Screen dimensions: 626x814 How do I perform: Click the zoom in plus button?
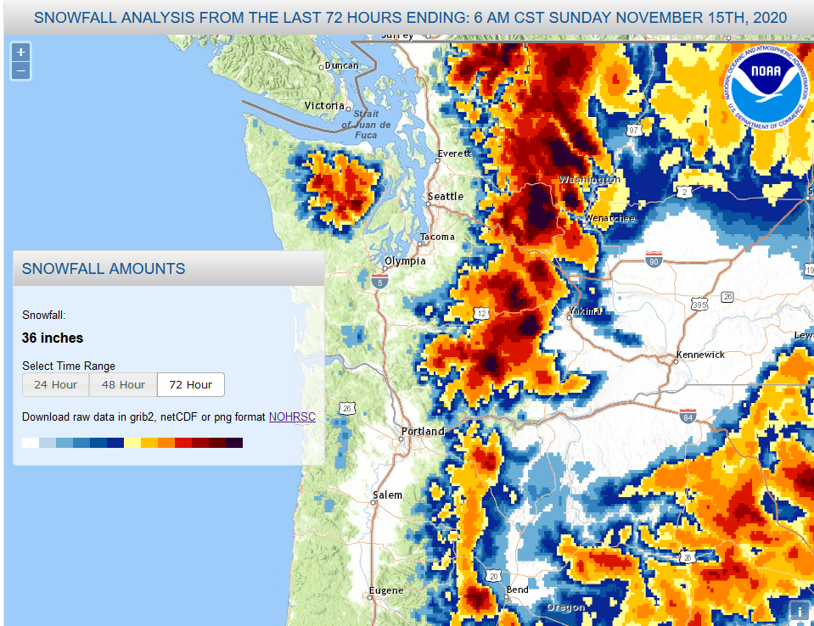tap(20, 52)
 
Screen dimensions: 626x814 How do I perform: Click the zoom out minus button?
tap(20, 71)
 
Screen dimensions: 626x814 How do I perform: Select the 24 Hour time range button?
tap(55, 384)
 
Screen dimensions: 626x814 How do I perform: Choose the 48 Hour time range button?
tap(123, 384)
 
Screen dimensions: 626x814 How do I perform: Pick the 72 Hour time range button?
tap(190, 384)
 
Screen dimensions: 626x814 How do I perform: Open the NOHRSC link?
tap(292, 416)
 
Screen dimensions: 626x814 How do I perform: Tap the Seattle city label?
tap(446, 197)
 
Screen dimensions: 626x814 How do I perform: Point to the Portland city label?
tap(423, 432)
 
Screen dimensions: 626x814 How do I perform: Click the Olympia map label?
tap(405, 261)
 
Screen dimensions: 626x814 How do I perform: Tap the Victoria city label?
tap(325, 106)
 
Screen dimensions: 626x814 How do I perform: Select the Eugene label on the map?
tap(385, 590)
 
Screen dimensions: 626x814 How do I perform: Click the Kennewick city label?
tap(700, 355)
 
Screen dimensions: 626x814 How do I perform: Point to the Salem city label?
tap(387, 495)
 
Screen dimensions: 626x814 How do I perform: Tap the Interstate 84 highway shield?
tap(688, 416)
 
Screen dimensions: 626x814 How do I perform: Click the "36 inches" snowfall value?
tap(53, 338)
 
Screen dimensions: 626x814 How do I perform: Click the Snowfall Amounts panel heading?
tap(104, 269)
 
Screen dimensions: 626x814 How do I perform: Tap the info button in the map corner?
tap(799, 611)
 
